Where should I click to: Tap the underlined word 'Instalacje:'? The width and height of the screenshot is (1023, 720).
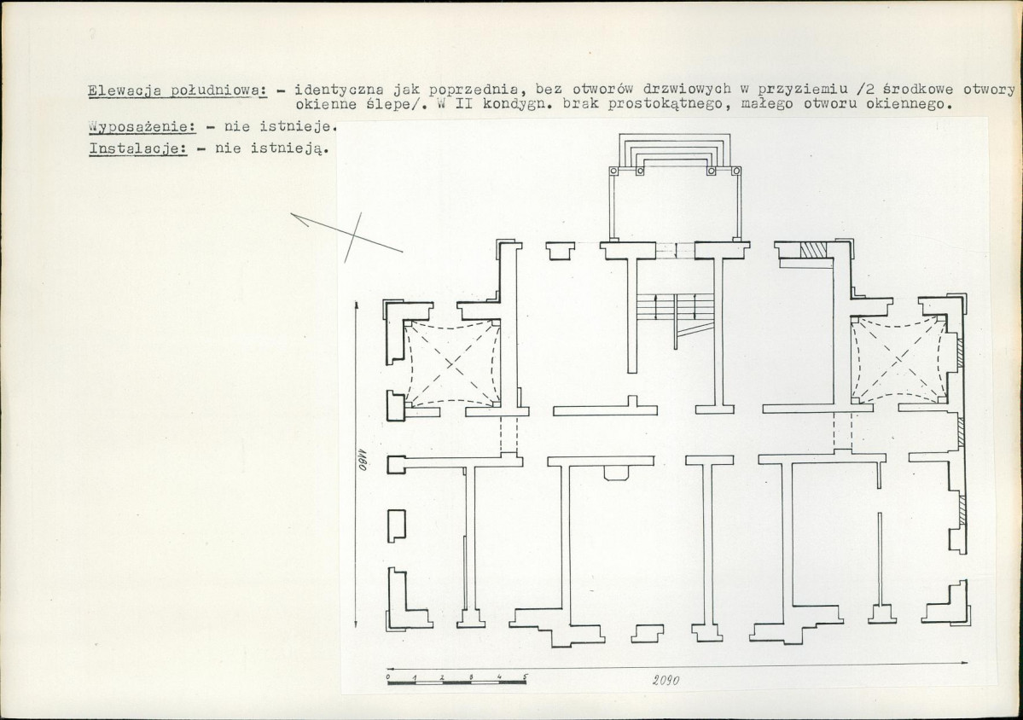(138, 148)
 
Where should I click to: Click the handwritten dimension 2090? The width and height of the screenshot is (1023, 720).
(666, 680)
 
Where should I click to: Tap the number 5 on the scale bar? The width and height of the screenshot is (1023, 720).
(525, 676)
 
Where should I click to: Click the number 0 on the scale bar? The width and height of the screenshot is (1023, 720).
(388, 677)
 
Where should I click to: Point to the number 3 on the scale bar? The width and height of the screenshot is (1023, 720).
(470, 677)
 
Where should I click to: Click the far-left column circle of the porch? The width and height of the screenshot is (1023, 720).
(613, 171)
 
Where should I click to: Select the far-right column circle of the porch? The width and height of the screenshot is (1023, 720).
(736, 171)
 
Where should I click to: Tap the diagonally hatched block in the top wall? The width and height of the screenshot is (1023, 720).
(814, 251)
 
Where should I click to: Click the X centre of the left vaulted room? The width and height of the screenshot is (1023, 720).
(453, 364)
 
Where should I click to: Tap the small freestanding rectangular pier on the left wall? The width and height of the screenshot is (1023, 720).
(397, 525)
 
